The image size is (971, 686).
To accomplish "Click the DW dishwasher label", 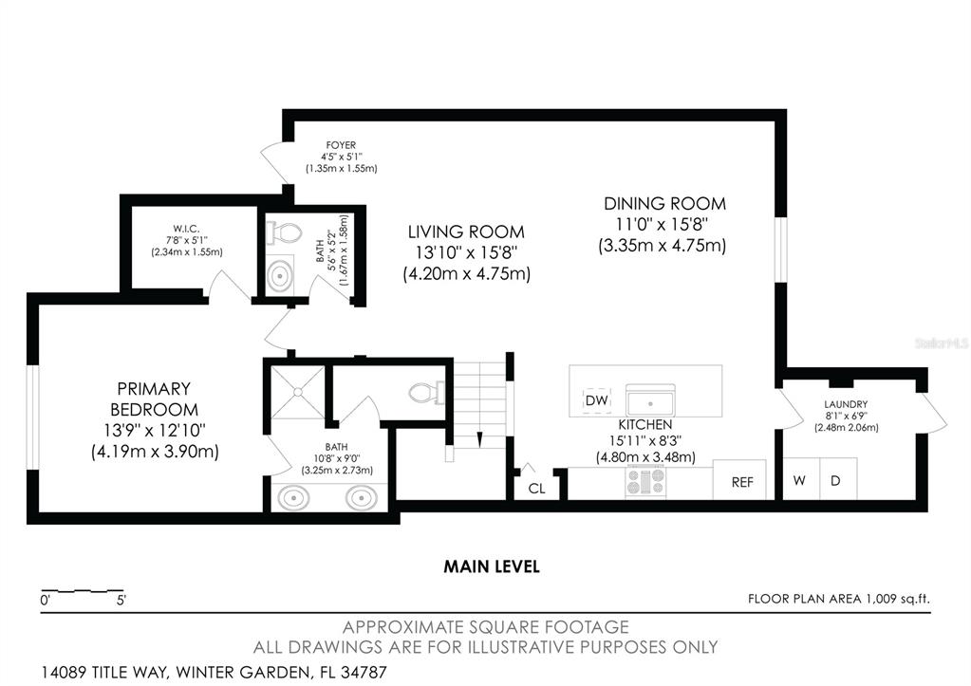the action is click(x=597, y=400).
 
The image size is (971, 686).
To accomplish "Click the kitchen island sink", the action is click(x=650, y=400).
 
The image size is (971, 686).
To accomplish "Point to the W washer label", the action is click(x=799, y=480).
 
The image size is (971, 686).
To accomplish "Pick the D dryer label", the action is click(x=835, y=480).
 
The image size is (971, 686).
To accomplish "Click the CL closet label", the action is click(x=537, y=489).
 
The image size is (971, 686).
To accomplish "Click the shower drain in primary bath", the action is click(x=298, y=392).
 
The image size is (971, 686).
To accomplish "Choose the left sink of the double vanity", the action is click(x=293, y=497).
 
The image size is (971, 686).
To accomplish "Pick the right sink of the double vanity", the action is click(x=361, y=497).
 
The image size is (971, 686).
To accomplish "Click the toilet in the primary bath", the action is click(x=426, y=393).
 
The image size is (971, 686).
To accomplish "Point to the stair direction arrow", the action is click(x=479, y=438).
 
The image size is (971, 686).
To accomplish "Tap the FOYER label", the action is click(x=341, y=145).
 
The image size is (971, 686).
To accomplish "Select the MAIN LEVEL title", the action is click(x=492, y=566).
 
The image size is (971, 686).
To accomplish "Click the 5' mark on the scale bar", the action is click(x=121, y=600).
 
